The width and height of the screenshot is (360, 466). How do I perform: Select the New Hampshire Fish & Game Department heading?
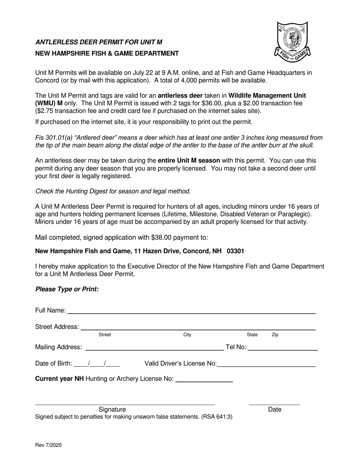pyautogui.click(x=107, y=53)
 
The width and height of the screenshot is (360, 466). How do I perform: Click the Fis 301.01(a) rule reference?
pyautogui.click(x=53, y=138)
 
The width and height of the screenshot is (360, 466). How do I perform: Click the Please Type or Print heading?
pyautogui.click(x=67, y=289)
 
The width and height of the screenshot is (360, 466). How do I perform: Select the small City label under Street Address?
pyautogui.click(x=187, y=335)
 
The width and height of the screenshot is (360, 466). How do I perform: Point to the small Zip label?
pyautogui.click(x=275, y=335)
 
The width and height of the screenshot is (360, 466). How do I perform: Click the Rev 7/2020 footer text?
pyautogui.click(x=48, y=445)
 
